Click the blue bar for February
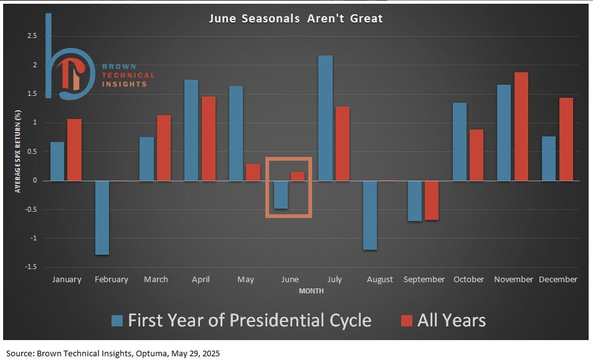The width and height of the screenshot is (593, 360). (102, 218)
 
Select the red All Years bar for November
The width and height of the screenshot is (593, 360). (521, 126)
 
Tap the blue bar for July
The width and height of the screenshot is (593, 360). (326, 118)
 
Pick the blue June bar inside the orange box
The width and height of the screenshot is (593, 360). (281, 195)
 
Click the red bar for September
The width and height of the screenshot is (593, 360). (432, 201)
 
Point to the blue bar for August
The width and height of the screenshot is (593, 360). (370, 215)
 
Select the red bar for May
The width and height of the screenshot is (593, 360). (253, 172)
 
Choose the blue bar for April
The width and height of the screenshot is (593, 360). (191, 130)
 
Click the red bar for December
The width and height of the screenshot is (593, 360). (566, 139)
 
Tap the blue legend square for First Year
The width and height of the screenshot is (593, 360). (117, 321)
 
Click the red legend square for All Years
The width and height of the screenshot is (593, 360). (407, 321)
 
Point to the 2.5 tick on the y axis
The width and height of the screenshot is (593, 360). (32, 36)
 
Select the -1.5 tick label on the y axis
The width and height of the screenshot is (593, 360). (31, 267)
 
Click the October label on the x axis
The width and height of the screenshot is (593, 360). (468, 280)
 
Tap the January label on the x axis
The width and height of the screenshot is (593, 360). (67, 280)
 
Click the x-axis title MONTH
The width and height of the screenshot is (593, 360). (311, 291)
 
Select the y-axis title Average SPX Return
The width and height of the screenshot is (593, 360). (18, 151)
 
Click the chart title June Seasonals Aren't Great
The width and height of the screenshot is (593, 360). (296, 18)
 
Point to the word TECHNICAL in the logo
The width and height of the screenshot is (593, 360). (128, 75)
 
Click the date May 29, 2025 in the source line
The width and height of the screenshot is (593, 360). (196, 354)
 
